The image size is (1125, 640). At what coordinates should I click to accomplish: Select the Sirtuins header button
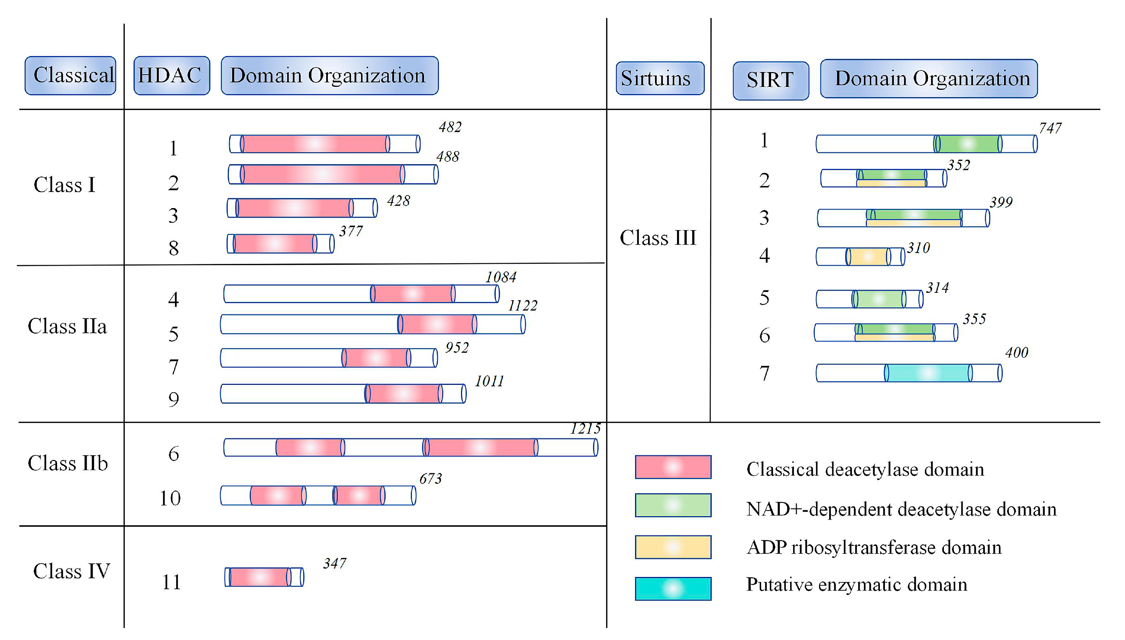click(x=660, y=78)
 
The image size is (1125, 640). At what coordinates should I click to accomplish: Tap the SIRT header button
click(x=770, y=80)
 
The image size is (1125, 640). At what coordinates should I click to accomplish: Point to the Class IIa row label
click(x=67, y=327)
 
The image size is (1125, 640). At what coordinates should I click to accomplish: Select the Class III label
click(x=658, y=238)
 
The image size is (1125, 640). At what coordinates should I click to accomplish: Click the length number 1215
click(x=585, y=429)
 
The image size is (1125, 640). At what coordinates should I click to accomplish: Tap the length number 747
click(x=1050, y=128)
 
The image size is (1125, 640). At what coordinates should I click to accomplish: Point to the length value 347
click(x=335, y=564)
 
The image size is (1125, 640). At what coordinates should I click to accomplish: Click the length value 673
click(x=430, y=478)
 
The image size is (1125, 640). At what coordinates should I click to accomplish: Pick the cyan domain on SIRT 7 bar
click(x=927, y=373)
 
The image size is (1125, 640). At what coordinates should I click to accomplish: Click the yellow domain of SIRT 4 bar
click(x=868, y=257)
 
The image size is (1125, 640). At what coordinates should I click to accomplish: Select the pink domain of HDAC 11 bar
click(x=259, y=577)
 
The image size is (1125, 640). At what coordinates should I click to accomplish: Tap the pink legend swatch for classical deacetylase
click(x=673, y=467)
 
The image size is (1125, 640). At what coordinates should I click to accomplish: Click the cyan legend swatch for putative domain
click(x=673, y=589)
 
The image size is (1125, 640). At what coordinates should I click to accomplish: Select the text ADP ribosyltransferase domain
click(x=874, y=548)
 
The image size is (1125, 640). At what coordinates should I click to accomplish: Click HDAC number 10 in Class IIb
click(x=170, y=498)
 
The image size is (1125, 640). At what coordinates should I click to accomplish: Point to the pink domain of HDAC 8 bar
click(x=274, y=243)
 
